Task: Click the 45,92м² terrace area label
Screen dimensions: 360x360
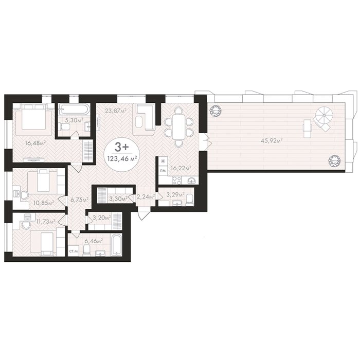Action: pyautogui.click(x=272, y=140)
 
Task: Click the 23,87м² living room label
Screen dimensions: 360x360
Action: pyautogui.click(x=116, y=111)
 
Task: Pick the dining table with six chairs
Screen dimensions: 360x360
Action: pyautogui.click(x=178, y=127)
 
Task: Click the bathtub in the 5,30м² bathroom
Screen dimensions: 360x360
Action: pyautogui.click(x=73, y=109)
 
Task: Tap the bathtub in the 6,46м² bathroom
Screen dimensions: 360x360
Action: pyautogui.click(x=117, y=245)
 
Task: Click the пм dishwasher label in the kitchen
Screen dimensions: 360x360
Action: pyautogui.click(x=163, y=170)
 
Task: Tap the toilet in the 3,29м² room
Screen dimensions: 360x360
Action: pyautogui.click(x=189, y=199)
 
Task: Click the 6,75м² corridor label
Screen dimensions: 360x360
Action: pyautogui.click(x=79, y=200)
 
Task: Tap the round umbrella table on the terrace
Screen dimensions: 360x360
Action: pyautogui.click(x=323, y=114)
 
